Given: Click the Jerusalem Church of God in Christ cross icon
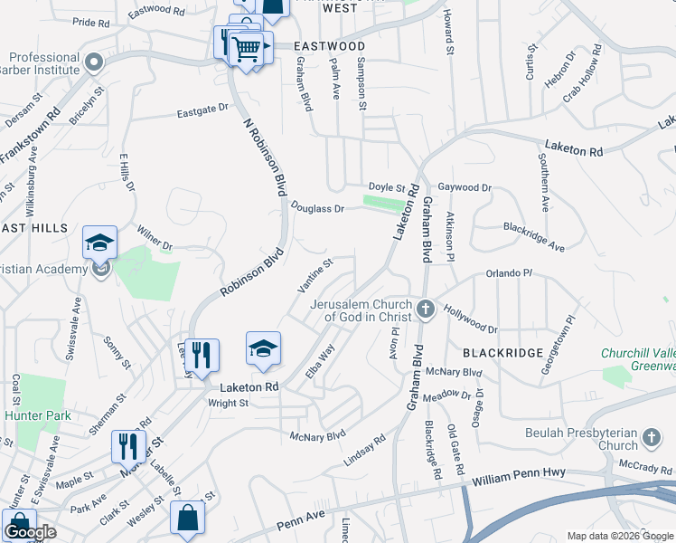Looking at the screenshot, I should tap(426, 310).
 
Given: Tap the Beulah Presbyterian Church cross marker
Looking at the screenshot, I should tap(651, 440).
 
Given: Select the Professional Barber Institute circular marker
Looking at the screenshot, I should tap(94, 62).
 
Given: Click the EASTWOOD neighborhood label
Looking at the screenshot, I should tap(330, 46).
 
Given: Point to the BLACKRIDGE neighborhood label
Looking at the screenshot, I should tap(502, 352).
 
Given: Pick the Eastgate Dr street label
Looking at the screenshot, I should tap(202, 110).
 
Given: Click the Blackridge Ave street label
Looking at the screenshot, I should tap(533, 237).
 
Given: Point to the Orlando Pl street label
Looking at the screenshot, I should tap(510, 272).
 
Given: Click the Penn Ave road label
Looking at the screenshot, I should tap(299, 524).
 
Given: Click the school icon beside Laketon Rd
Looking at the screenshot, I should tap(263, 349).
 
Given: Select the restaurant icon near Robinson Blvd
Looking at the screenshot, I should tap(202, 355).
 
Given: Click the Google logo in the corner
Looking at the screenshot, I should tap(29, 533).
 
